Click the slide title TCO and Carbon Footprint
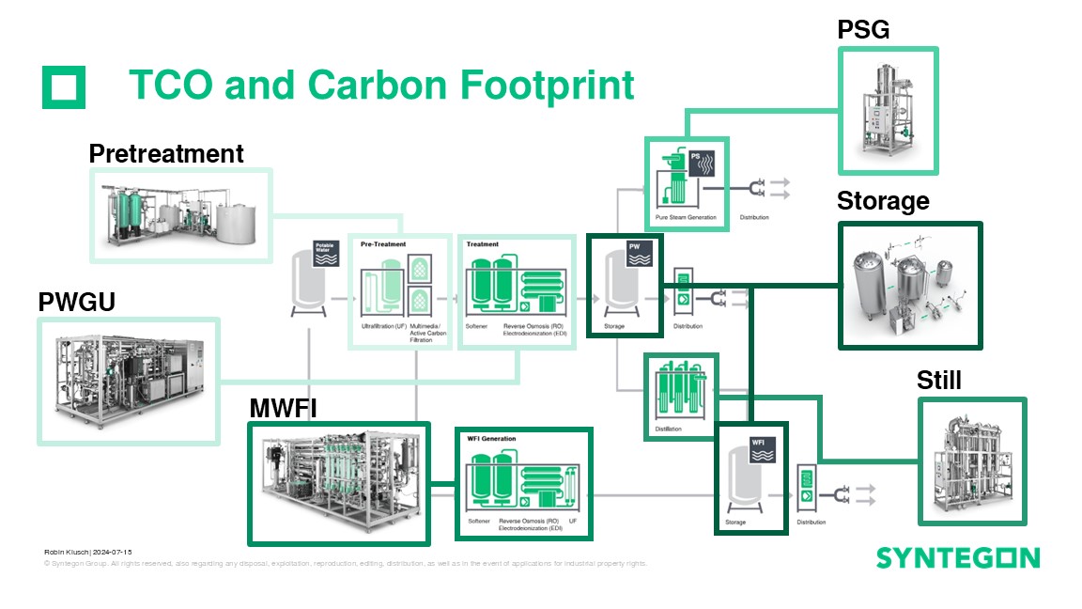point(381,85)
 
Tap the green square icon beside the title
point(64,87)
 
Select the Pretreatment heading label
point(166,153)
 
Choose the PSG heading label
point(863,30)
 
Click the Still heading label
point(939,381)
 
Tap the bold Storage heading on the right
point(883,201)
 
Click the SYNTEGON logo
point(958,558)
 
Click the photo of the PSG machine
point(888,111)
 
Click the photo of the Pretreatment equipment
point(180,215)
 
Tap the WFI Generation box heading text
point(491,439)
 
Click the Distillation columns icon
point(680,394)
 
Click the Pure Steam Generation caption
point(686,217)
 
